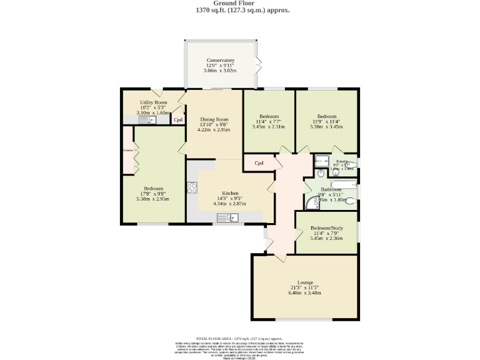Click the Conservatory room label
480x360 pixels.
[x=220, y=60]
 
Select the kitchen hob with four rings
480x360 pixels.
[x=192, y=187]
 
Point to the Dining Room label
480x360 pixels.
[x=214, y=119]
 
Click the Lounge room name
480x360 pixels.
[x=305, y=282]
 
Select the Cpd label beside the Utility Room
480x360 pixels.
[x=178, y=120]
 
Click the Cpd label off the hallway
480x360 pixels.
[x=259, y=164]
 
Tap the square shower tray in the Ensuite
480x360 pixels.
[x=321, y=159]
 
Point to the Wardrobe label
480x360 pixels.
[x=128, y=150]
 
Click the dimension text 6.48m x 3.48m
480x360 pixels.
[x=304, y=292]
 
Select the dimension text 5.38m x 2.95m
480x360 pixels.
[x=153, y=199]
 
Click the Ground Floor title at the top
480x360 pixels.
[x=240, y=3]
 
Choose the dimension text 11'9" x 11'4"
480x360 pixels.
[x=326, y=122]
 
